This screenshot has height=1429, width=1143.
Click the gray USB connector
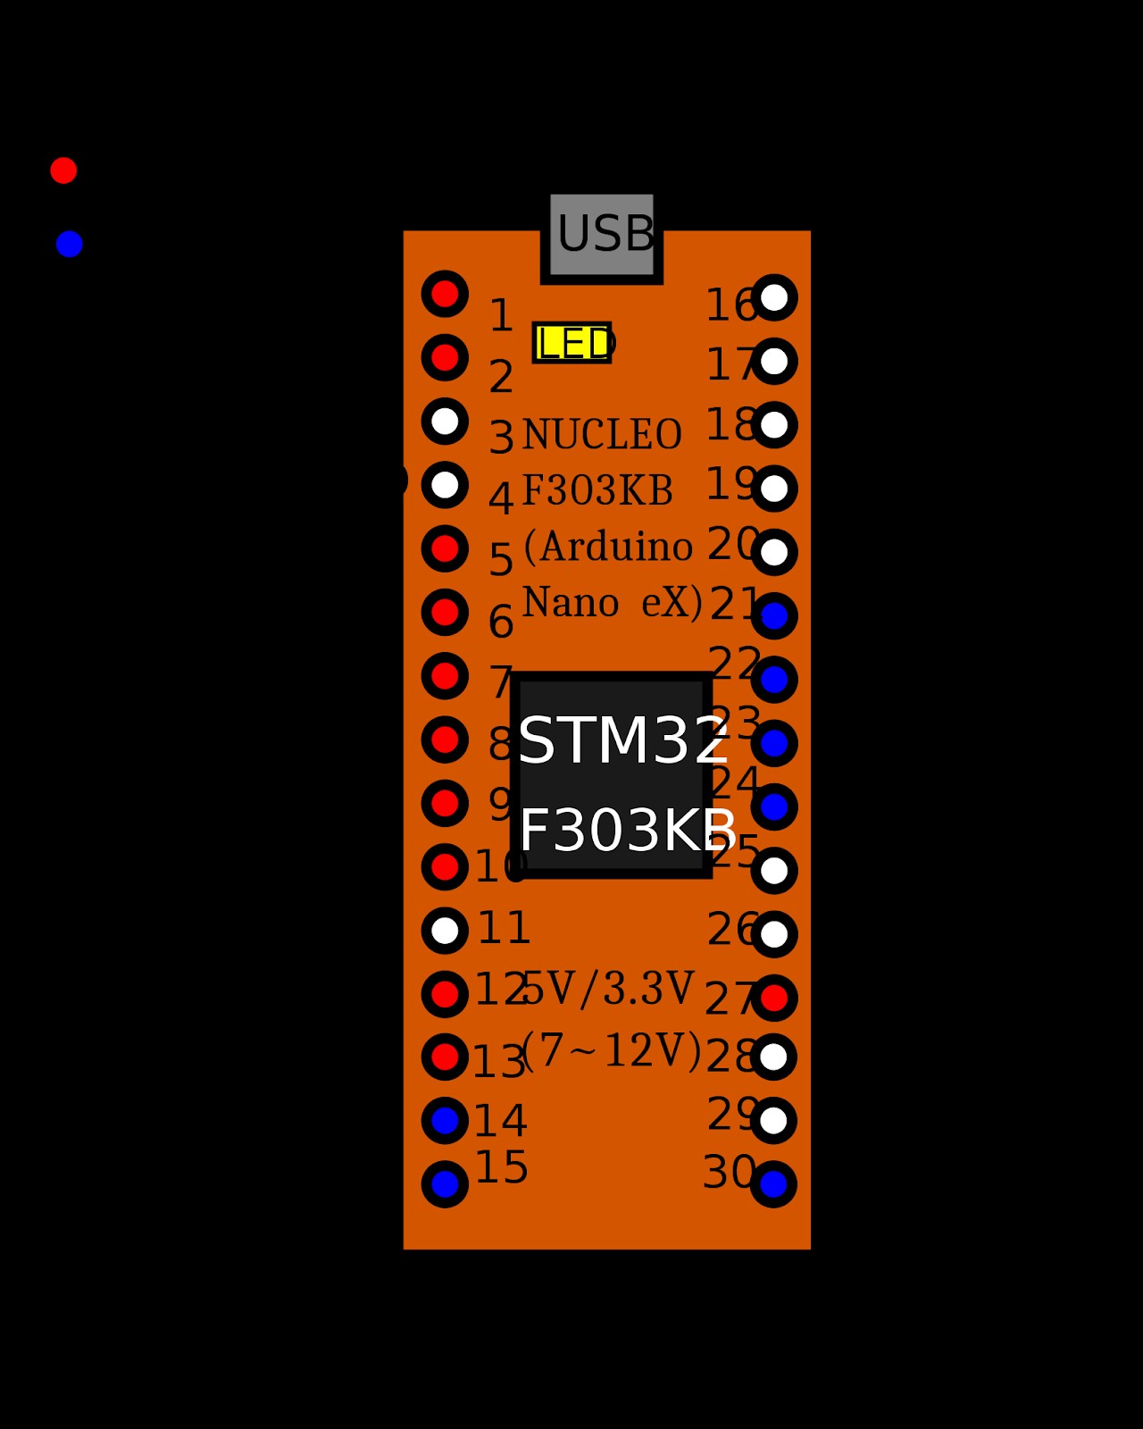pos(601,234)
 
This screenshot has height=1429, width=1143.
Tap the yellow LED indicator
pos(571,343)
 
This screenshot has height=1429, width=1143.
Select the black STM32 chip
pos(612,775)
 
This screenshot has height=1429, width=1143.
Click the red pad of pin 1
pos(445,294)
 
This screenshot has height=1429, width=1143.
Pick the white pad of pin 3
pos(445,421)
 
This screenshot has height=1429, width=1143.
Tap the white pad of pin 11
pos(445,931)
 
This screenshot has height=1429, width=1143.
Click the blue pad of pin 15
pos(445,1184)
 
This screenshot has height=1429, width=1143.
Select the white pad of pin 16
pos(774,297)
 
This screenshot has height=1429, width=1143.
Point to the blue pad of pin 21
pos(774,616)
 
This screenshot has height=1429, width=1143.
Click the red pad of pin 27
pos(774,998)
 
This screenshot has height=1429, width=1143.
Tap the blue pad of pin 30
pos(773,1184)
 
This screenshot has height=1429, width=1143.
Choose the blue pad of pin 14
pos(445,1120)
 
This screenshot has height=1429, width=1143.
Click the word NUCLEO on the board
pos(602,436)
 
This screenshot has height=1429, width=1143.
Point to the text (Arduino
pos(607,547)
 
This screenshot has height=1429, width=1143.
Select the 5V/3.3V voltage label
pos(607,989)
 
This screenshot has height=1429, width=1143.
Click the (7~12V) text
pos(611,1050)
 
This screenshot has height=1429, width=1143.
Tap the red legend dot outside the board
pos(63,170)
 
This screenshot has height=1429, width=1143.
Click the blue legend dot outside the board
pos(69,244)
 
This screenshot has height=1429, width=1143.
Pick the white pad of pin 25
pos(774,871)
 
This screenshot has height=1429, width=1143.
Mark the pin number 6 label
pos(501,622)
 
